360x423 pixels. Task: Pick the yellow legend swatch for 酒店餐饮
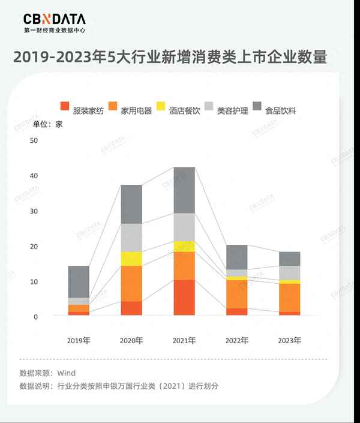point(161,107)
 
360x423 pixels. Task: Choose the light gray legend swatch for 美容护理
point(209,107)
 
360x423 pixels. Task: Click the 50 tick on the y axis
point(34,140)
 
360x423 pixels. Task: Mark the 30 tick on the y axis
point(34,211)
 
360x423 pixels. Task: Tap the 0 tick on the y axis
point(35,317)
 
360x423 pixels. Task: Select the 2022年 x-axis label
point(237,340)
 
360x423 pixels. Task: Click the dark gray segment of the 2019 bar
point(79,281)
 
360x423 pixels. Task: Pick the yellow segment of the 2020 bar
point(131,259)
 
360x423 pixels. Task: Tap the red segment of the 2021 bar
point(184,298)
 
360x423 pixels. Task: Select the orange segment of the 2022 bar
point(237,294)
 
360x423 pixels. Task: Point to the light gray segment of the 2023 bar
point(290,273)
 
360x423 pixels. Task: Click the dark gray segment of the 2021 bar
point(184,190)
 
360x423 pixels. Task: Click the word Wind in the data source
point(67,373)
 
